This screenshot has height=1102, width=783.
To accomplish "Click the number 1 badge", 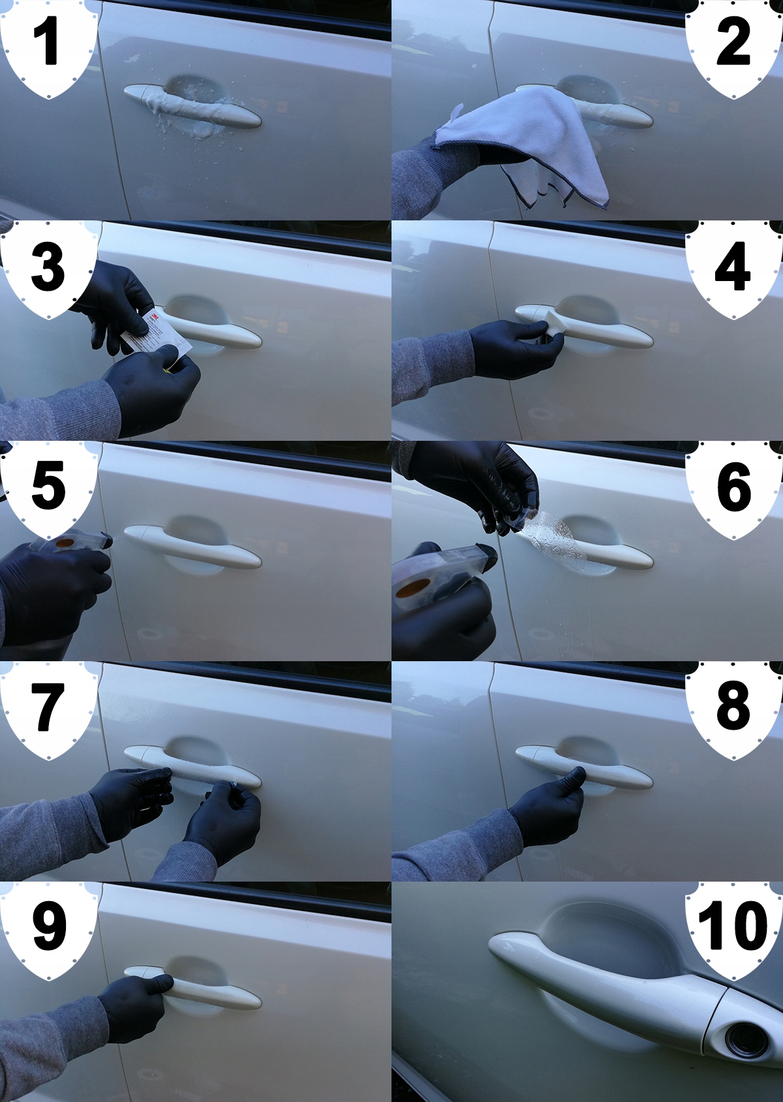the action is (x=48, y=47).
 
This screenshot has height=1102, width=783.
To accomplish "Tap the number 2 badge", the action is (x=733, y=47).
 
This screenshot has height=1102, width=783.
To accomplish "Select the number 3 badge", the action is (x=48, y=268).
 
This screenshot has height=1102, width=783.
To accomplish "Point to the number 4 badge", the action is (x=733, y=268).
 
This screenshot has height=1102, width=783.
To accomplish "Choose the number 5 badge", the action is (x=48, y=488).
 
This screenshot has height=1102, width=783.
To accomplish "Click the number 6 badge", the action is (x=733, y=488).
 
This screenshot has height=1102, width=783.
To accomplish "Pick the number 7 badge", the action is (x=48, y=709).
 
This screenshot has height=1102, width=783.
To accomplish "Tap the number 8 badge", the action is (x=733, y=709).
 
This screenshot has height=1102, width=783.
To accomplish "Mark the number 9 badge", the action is (x=48, y=929).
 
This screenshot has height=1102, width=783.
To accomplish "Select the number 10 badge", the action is (x=733, y=929).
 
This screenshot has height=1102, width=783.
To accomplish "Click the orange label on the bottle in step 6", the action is (x=412, y=588).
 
